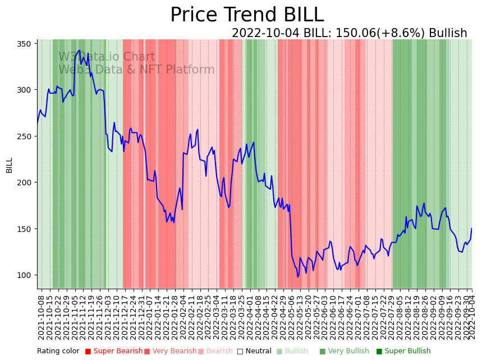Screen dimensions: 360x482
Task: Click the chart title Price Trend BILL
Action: [247, 15]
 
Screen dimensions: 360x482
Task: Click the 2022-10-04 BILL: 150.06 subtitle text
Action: [349, 33]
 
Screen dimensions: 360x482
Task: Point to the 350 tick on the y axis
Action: [27, 43]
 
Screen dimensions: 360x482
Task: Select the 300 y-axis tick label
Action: [27, 90]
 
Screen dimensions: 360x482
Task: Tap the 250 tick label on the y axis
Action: [27, 136]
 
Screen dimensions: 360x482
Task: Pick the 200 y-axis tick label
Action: [27, 183]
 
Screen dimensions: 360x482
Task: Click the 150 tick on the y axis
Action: [27, 229]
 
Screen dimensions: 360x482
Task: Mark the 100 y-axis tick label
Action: [27, 275]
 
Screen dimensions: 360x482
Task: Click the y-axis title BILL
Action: [10, 165]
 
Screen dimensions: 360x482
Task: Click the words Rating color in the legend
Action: [58, 351]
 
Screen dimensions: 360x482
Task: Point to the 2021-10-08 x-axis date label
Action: [41, 315]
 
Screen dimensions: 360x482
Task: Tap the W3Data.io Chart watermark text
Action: [107, 57]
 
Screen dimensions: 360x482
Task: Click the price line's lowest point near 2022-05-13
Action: [298, 277]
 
